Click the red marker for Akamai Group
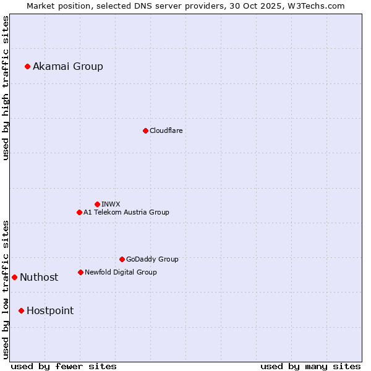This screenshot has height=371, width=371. pyautogui.click(x=27, y=66)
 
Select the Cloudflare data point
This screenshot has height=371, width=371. pyautogui.click(x=145, y=130)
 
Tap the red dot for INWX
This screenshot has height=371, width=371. pyautogui.click(x=97, y=204)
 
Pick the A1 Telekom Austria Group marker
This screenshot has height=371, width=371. pyautogui.click(x=79, y=212)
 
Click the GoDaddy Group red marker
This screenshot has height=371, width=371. pyautogui.click(x=122, y=259)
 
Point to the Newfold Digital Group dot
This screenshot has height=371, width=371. pyautogui.click(x=80, y=272)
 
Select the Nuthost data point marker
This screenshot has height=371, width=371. pyautogui.click(x=14, y=277)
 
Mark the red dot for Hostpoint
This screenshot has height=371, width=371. pyautogui.click(x=21, y=310)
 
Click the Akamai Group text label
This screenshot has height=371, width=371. pyautogui.click(x=68, y=66)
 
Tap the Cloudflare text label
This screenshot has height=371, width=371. pyautogui.click(x=166, y=130)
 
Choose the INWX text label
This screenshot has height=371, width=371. pyautogui.click(x=111, y=204)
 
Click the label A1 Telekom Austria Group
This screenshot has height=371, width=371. pyautogui.click(x=126, y=212)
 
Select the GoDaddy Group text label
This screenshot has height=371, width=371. pyautogui.click(x=152, y=259)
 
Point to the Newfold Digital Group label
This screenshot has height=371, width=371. pyautogui.click(x=121, y=272)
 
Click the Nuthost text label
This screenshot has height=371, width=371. pyautogui.click(x=39, y=277)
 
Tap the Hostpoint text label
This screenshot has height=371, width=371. pyautogui.click(x=50, y=310)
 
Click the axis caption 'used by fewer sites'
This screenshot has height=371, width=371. pyautogui.click(x=64, y=366)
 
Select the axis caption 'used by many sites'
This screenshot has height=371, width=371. pyautogui.click(x=310, y=366)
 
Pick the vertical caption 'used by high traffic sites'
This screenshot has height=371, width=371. pyautogui.click(x=6, y=88)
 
